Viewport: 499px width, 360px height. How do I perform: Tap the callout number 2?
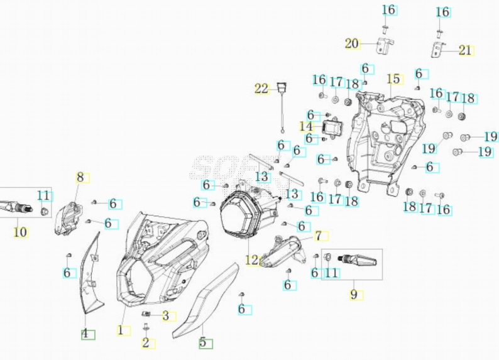(x=146, y=343)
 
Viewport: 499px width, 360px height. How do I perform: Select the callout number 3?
(x=167, y=316)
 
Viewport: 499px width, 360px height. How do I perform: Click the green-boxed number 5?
(x=204, y=343)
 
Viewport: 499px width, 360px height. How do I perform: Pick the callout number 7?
(x=319, y=236)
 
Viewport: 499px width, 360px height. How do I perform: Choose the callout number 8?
(x=80, y=177)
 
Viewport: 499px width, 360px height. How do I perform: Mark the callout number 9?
(x=353, y=294)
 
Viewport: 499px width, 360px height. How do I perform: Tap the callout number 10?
(x=21, y=232)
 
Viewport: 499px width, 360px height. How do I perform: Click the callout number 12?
(x=252, y=260)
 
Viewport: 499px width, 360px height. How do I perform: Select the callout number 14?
(x=306, y=126)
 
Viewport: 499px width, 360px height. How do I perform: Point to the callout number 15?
(x=393, y=79)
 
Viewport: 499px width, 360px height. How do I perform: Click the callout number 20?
(x=351, y=43)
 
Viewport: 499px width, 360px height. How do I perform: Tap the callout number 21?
(x=466, y=50)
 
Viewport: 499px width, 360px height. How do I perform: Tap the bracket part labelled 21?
(x=438, y=48)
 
